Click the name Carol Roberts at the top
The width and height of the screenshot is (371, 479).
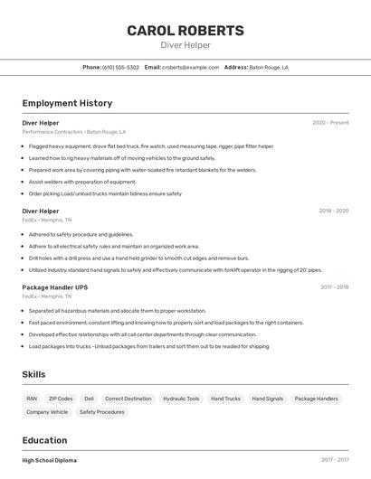(185, 31)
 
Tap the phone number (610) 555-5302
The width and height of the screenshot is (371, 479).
(120, 67)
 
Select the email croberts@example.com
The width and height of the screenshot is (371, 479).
(190, 67)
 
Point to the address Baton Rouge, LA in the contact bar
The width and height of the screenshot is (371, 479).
(269, 67)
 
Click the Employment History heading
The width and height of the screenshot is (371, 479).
(67, 103)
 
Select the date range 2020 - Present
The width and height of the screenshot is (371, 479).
(330, 123)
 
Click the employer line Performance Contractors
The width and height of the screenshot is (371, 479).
(74, 132)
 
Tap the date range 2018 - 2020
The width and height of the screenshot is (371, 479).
(333, 211)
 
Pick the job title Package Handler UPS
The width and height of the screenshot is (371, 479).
(55, 287)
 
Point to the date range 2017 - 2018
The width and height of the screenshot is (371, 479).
(334, 287)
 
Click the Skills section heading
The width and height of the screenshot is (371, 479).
(34, 374)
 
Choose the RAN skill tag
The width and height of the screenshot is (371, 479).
(32, 399)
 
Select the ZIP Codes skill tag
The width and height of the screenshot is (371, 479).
(61, 399)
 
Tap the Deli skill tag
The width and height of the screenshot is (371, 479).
(89, 399)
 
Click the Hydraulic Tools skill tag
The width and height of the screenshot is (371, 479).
(181, 399)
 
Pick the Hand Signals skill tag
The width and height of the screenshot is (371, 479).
(267, 399)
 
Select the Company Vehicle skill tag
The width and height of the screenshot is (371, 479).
(47, 412)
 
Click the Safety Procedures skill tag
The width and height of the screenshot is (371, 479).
(101, 412)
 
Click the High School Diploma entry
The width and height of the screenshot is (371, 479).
(50, 460)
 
